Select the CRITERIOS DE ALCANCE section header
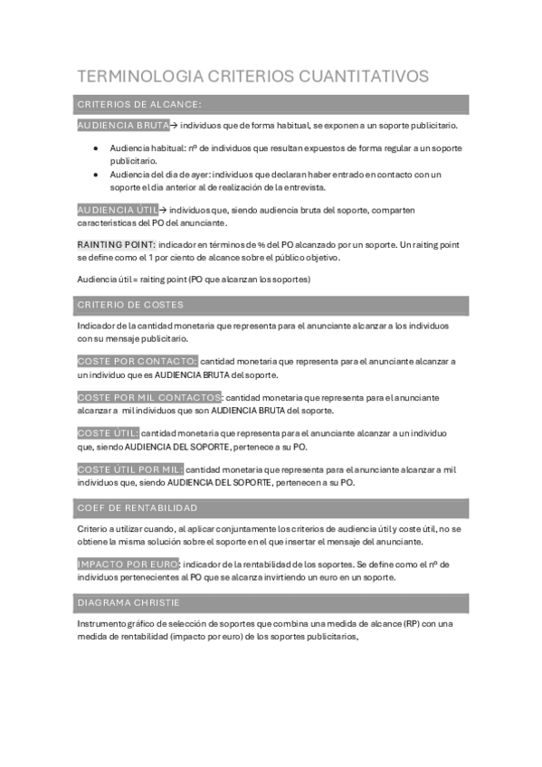[139, 104]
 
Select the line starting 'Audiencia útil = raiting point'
[194, 279]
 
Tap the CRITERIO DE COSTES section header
[131, 304]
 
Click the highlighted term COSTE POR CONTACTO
[137, 361]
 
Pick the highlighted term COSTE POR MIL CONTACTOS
[149, 397]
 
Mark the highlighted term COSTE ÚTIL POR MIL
[130, 469]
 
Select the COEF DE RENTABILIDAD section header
[138, 507]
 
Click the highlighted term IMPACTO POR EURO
[128, 563]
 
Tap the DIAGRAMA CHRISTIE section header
[128, 601]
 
